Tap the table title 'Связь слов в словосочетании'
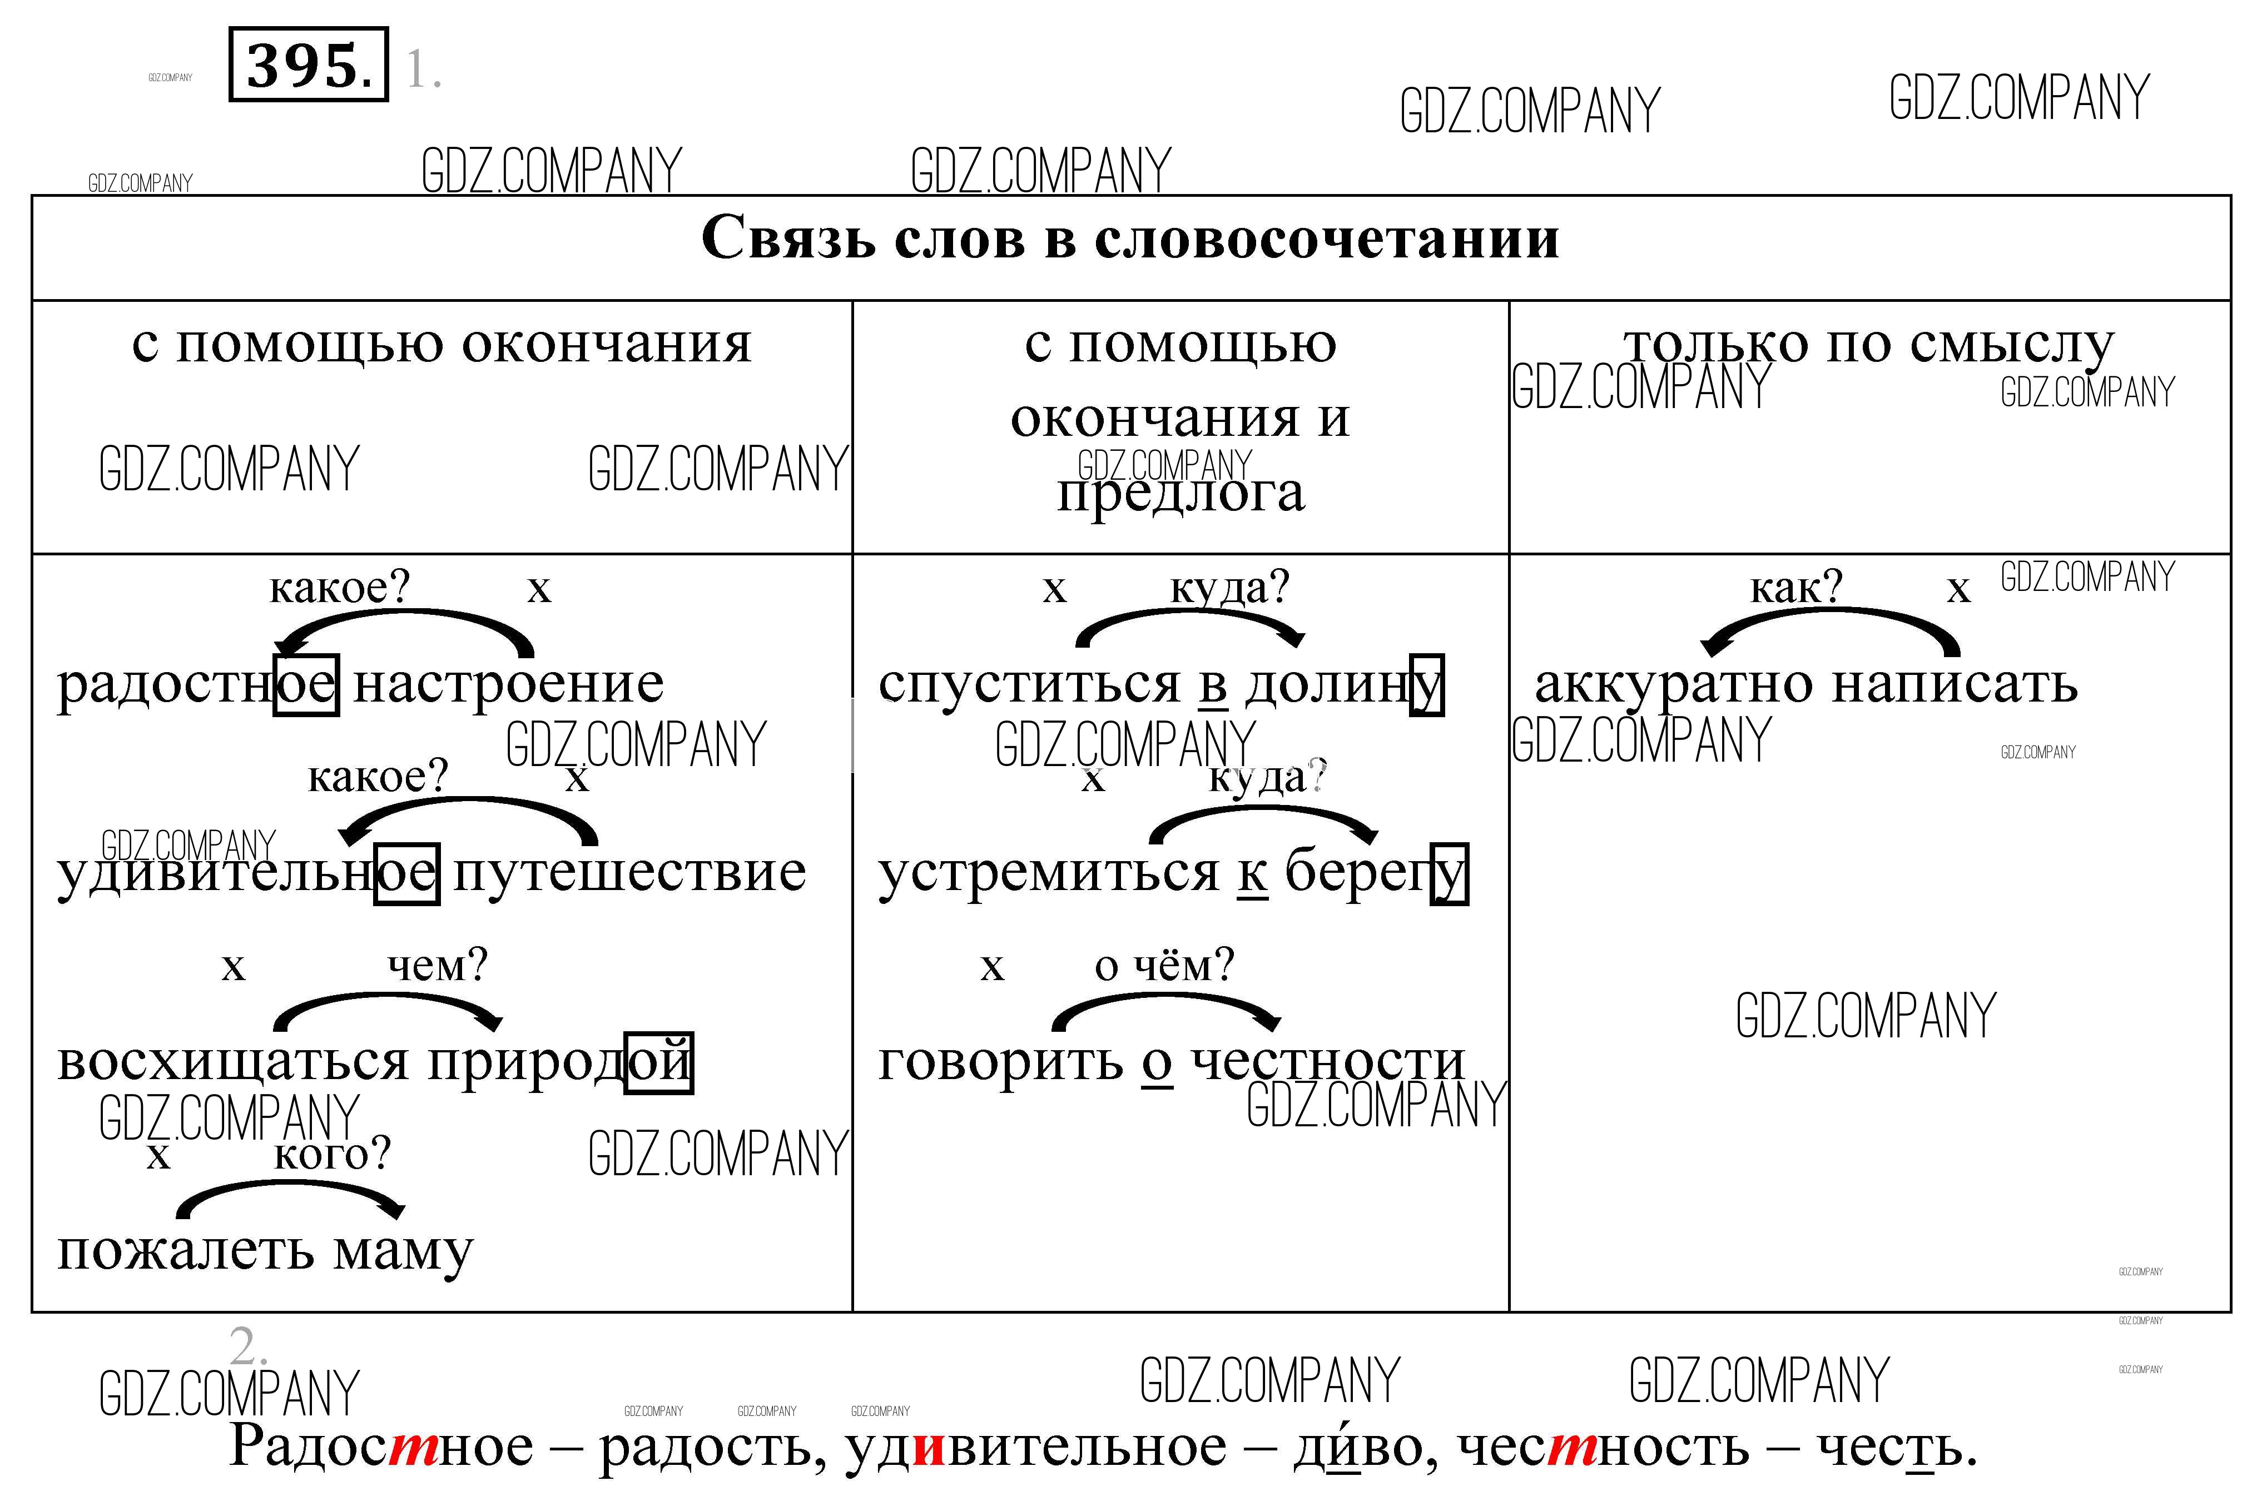point(1130,238)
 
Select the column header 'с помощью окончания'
point(442,344)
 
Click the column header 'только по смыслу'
point(1869,344)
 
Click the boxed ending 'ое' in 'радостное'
point(306,684)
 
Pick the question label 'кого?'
point(333,1154)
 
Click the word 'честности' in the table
point(1328,1061)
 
